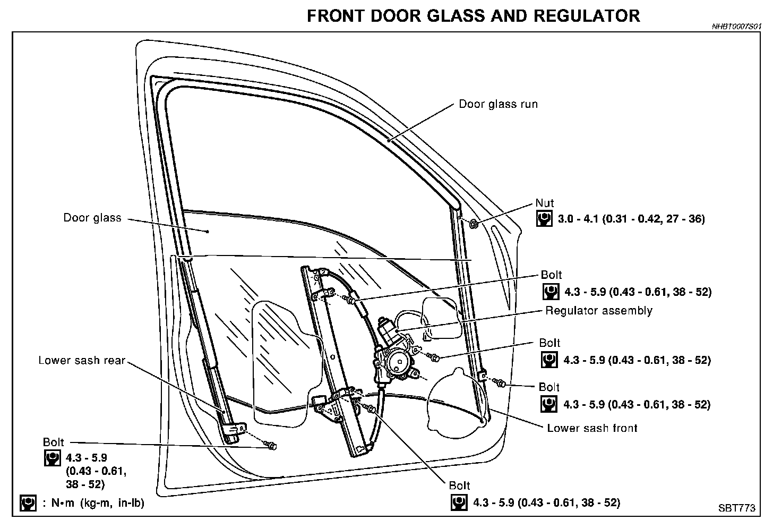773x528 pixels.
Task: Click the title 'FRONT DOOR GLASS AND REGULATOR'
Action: click(473, 15)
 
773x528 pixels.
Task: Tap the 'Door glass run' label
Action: click(498, 104)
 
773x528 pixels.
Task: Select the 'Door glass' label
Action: click(92, 218)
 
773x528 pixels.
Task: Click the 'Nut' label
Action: click(544, 203)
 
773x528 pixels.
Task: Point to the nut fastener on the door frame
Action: click(474, 224)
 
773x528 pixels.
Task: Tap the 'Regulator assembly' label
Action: click(599, 310)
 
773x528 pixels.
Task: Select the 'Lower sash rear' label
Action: click(82, 361)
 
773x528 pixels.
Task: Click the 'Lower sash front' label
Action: click(592, 428)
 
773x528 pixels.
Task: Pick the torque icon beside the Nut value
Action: click(544, 219)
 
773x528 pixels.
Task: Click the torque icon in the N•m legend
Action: click(28, 503)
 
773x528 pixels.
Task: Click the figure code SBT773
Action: click(736, 508)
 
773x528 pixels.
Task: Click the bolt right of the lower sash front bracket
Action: click(502, 382)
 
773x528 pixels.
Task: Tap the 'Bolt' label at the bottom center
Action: click(459, 486)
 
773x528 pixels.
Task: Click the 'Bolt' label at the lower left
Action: click(53, 442)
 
